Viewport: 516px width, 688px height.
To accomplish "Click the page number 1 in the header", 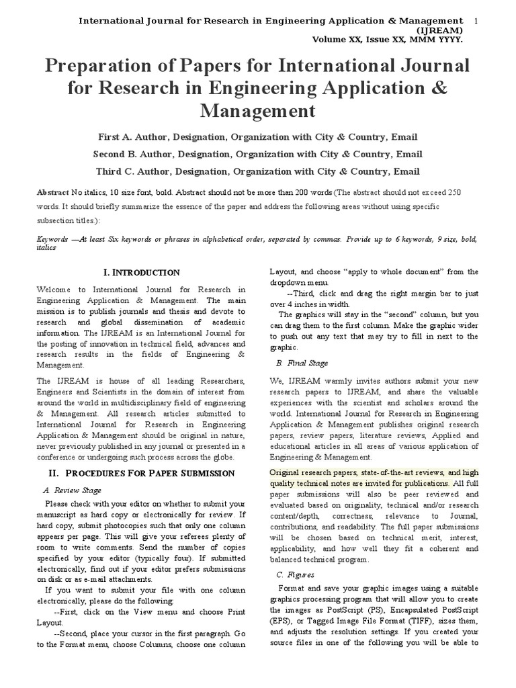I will click(x=476, y=21).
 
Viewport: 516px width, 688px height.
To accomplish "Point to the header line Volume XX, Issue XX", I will click(x=388, y=40).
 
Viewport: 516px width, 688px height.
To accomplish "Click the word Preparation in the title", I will click(x=107, y=67).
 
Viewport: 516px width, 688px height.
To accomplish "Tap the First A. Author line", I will click(x=257, y=136).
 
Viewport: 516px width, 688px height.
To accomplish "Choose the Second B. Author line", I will click(x=257, y=154).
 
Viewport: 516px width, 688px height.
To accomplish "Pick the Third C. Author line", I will click(x=257, y=171).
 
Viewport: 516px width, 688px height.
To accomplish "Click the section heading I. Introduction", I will click(x=141, y=273).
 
